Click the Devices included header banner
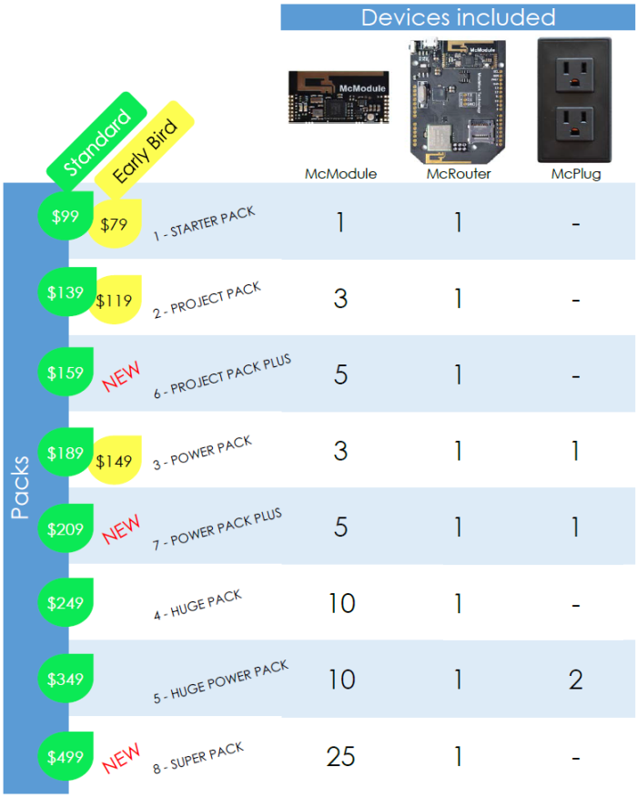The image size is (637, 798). click(458, 17)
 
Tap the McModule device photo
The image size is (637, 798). click(339, 97)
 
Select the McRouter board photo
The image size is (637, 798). click(458, 97)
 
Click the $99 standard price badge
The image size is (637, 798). click(66, 217)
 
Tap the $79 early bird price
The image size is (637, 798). click(116, 224)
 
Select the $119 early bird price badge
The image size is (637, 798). click(116, 300)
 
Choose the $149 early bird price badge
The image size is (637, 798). click(116, 461)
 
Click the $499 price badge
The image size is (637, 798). click(66, 756)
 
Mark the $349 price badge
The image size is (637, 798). click(66, 679)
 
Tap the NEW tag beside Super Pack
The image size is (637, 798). click(121, 756)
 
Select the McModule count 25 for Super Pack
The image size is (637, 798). click(340, 756)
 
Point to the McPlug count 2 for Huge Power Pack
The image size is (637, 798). click(575, 680)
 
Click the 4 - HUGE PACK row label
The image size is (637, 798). click(197, 605)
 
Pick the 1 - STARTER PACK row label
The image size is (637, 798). click(204, 223)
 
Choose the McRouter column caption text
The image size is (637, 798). click(459, 174)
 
